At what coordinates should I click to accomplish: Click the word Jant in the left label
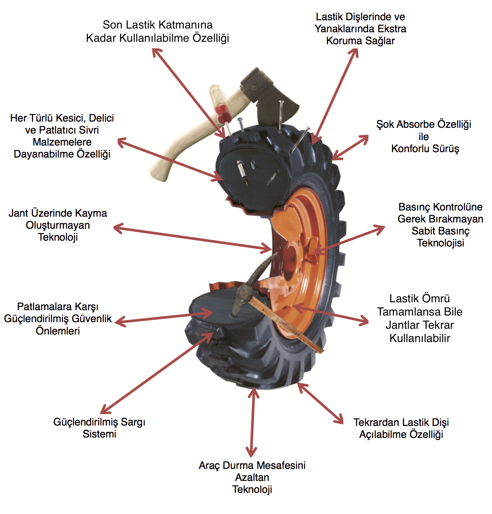[18, 213]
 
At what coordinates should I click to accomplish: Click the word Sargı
[133, 422]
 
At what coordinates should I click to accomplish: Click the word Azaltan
[252, 478]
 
